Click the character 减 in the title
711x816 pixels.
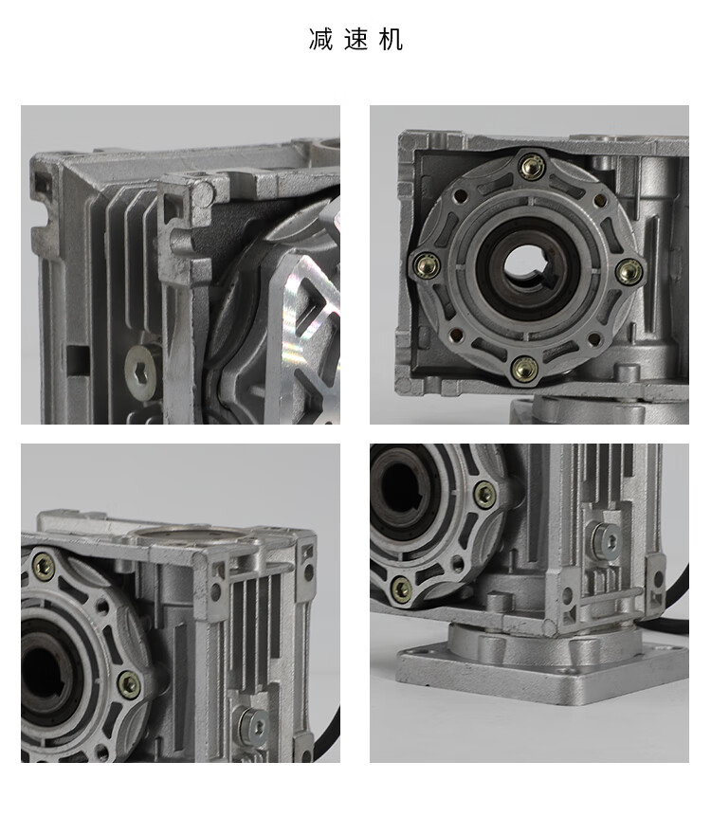[320, 40]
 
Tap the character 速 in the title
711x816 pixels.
[356, 40]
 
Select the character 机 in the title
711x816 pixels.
[391, 40]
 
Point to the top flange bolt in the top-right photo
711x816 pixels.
[532, 167]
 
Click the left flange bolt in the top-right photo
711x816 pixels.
[427, 265]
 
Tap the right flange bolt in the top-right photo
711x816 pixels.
[629, 271]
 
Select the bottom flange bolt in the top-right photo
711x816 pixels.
[524, 369]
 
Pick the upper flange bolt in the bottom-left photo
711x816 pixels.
[44, 566]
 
